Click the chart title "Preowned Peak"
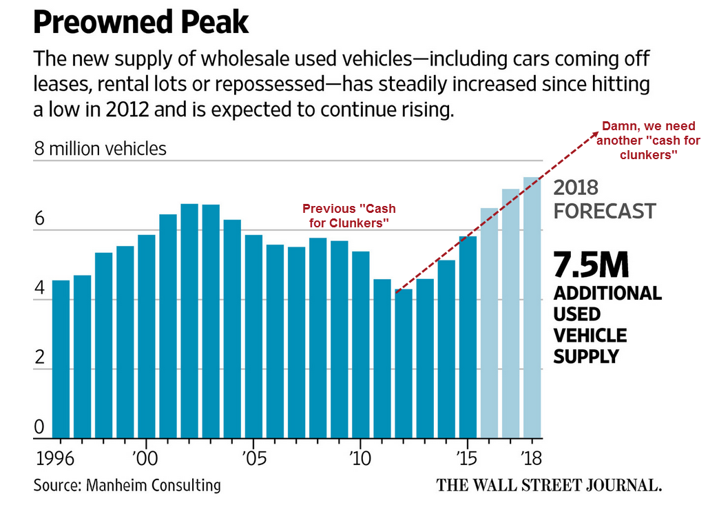pos(140,23)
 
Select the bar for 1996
pos(61,359)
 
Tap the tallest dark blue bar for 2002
pos(189,321)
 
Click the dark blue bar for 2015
pos(468,338)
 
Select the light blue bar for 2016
pos(489,323)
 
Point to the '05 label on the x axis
pos(252,458)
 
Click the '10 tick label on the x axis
pos(360,458)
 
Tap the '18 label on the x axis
pos(532,458)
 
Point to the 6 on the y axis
pos(39,219)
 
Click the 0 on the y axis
pos(39,428)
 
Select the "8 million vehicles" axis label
pos(100,148)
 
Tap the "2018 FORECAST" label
pos(603,198)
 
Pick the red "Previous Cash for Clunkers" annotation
pos(349,215)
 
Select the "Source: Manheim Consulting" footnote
pos(127,485)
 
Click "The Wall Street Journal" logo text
pos(549,485)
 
